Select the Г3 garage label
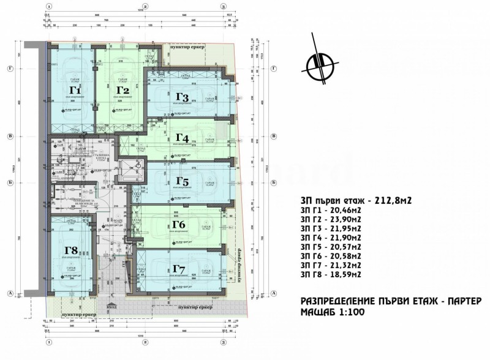coord(181,97)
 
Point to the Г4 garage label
coord(182,138)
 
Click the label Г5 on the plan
coord(183,181)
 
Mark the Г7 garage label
coord(179,269)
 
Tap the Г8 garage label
coord(72,250)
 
